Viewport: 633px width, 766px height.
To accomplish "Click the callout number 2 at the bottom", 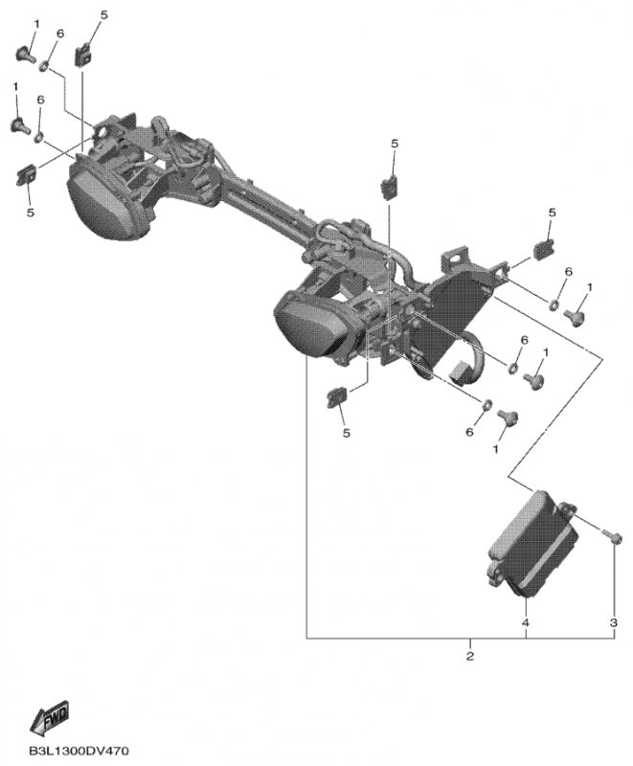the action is (x=470, y=656).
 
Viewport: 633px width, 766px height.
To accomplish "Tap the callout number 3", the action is (x=614, y=623).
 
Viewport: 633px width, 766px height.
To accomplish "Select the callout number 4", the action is (x=526, y=623).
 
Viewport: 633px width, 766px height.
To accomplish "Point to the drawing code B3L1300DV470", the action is (x=79, y=751).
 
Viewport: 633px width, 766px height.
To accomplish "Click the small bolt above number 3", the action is (x=613, y=537).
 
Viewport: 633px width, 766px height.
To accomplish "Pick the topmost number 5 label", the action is (x=103, y=15).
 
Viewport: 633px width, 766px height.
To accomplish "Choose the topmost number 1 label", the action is (x=37, y=23).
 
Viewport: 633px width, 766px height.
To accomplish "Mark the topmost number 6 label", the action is (x=60, y=34).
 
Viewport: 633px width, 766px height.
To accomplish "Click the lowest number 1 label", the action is (x=496, y=449).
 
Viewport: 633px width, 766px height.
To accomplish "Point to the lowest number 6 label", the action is (x=469, y=432).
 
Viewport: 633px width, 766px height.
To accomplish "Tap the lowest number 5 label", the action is (x=347, y=433).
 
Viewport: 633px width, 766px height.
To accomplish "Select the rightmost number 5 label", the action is (x=553, y=213).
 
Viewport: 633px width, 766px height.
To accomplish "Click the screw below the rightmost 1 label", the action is (x=575, y=318).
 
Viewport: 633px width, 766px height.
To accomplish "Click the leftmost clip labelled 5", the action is (x=27, y=174).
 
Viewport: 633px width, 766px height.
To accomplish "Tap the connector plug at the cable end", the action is (x=459, y=372).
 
